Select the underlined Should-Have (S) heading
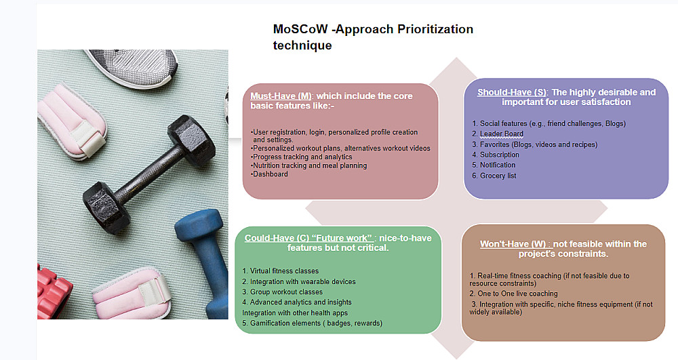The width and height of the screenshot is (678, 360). click(511, 92)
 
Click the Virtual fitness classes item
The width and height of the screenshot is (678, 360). click(280, 271)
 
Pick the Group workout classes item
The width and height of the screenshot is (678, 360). click(282, 292)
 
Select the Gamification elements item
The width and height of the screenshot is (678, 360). click(312, 323)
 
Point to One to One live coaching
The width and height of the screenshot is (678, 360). click(514, 294)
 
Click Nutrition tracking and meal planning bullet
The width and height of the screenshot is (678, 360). click(308, 165)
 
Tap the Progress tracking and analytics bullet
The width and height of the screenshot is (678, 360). click(302, 157)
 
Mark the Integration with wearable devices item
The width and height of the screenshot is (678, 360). click(299, 281)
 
